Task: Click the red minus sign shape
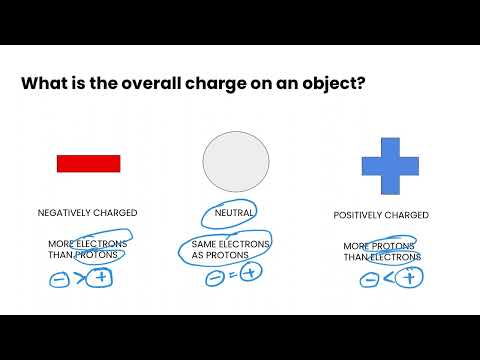click(88, 163)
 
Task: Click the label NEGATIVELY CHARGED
click(88, 213)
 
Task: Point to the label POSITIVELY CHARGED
click(381, 215)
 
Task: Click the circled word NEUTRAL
click(234, 213)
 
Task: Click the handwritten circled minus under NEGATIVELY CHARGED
click(59, 278)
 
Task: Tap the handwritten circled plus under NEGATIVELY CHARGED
click(100, 278)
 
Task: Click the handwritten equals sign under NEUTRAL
click(234, 279)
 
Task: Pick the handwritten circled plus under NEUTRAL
click(254, 276)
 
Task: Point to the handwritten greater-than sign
click(79, 278)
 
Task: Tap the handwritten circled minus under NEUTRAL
click(214, 279)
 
